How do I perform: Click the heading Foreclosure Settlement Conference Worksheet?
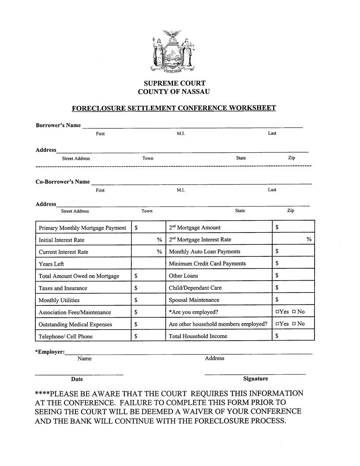174,108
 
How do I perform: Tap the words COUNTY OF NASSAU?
174,92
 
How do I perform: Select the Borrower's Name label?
58,125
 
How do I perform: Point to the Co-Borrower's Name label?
63,181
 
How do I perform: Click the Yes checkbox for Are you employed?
277,312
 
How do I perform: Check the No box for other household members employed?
294,324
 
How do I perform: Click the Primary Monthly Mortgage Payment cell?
82,228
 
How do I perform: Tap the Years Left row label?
51,264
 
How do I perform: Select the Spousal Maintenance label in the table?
194,300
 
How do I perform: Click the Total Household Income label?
198,336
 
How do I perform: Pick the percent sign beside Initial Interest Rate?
159,240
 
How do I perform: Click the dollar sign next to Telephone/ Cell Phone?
136,336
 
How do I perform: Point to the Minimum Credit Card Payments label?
207,264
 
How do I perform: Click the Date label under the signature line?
77,379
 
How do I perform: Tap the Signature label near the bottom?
255,379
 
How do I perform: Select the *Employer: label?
50,352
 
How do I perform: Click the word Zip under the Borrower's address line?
292,158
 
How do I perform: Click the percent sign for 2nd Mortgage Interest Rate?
309,239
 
